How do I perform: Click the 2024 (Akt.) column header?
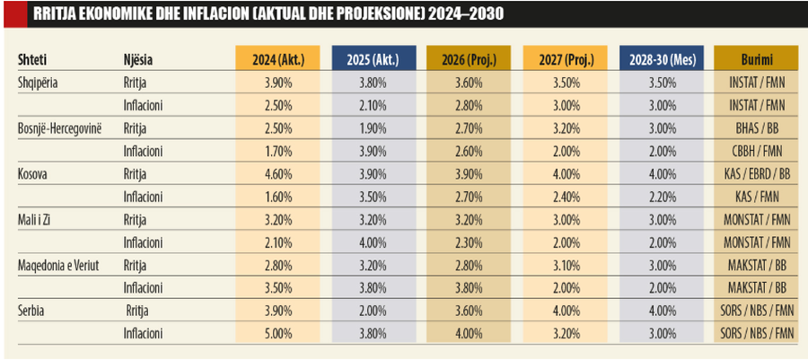click(277, 59)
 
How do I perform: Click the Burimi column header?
click(755, 59)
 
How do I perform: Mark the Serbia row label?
click(32, 311)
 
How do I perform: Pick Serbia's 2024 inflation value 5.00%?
click(277, 333)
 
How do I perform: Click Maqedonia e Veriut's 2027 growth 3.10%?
click(563, 265)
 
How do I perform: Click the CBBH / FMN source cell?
click(755, 151)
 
